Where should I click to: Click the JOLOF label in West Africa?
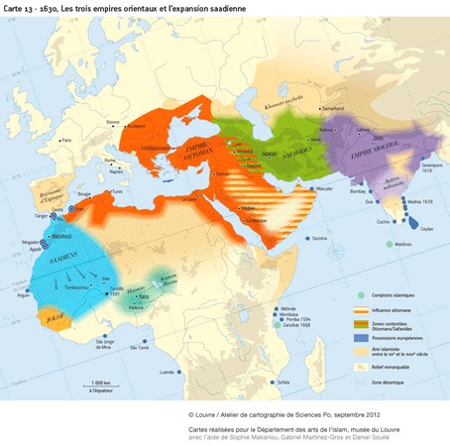coord(51,317)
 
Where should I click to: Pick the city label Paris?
coord(67,140)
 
